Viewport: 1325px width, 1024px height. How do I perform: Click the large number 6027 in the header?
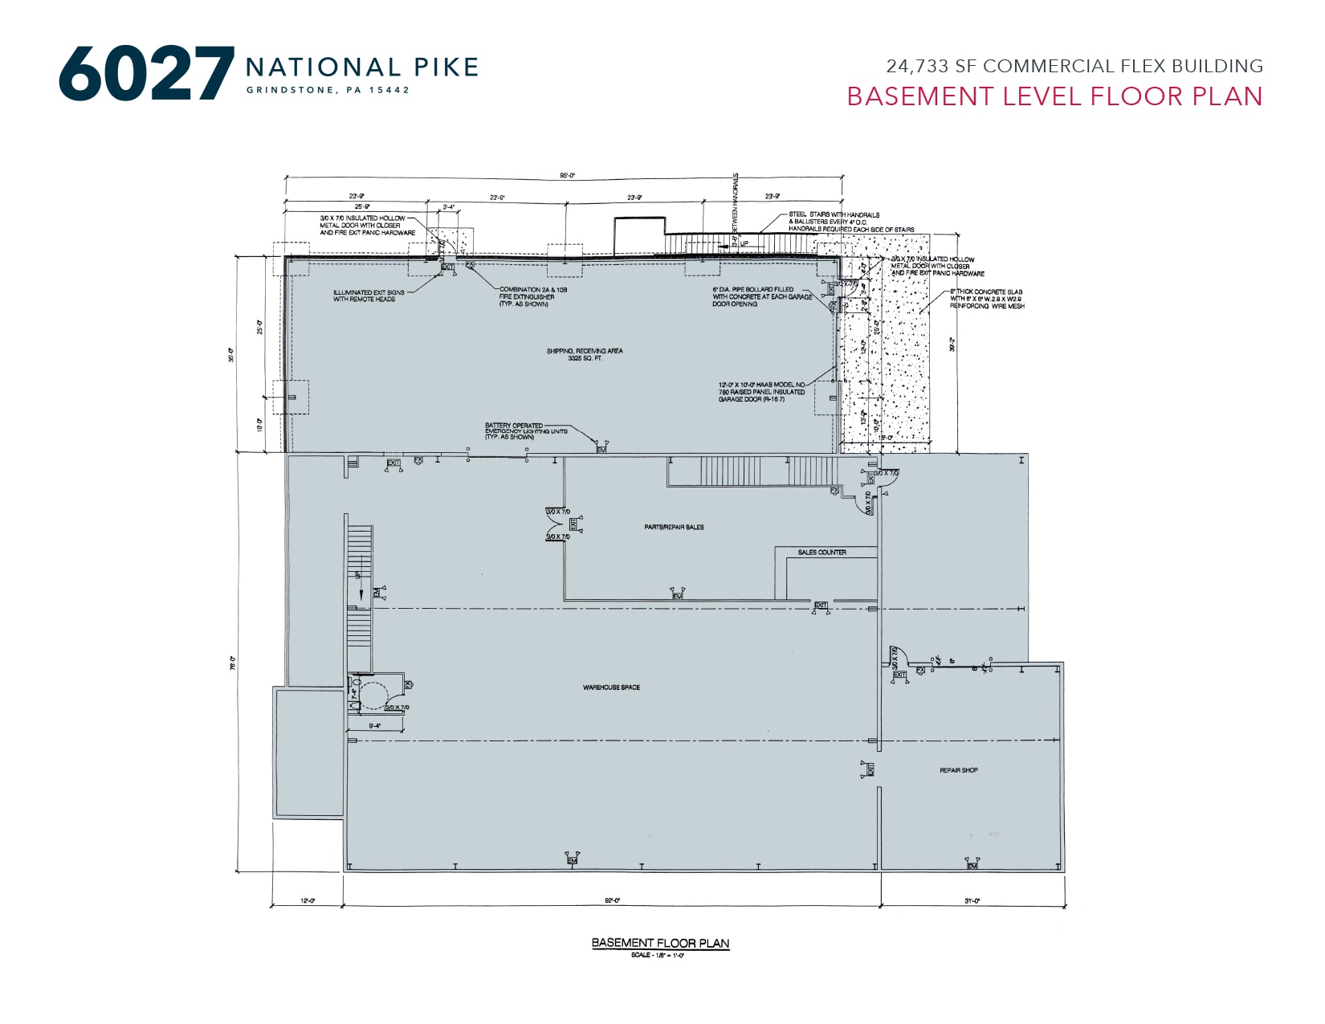pyautogui.click(x=146, y=74)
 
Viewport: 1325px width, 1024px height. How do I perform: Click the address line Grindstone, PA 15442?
pyautogui.click(x=328, y=90)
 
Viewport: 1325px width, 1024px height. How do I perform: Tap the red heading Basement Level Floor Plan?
pyautogui.click(x=1054, y=96)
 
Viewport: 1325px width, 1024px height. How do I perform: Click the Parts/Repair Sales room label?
pyautogui.click(x=674, y=527)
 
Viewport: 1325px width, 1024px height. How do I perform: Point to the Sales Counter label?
pyautogui.click(x=821, y=553)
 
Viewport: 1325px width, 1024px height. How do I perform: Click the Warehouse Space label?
pyautogui.click(x=611, y=687)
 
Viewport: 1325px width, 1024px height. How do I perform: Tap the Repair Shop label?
pyautogui.click(x=959, y=770)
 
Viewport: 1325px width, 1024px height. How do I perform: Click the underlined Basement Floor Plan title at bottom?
pyautogui.click(x=660, y=943)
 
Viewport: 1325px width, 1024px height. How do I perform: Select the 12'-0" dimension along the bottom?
pyautogui.click(x=308, y=901)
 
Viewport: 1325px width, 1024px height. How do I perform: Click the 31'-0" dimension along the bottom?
pyautogui.click(x=972, y=901)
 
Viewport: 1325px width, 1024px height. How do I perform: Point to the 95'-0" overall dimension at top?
pyautogui.click(x=567, y=175)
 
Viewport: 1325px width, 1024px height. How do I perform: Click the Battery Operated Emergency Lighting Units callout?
pyautogui.click(x=525, y=431)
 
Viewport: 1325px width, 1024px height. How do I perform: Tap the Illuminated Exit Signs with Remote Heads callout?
pyautogui.click(x=369, y=296)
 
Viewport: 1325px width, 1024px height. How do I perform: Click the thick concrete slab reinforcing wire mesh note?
pyautogui.click(x=986, y=299)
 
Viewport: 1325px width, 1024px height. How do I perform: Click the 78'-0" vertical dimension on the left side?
pyautogui.click(x=233, y=663)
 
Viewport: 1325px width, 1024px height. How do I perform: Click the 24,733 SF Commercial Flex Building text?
pyautogui.click(x=1074, y=66)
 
